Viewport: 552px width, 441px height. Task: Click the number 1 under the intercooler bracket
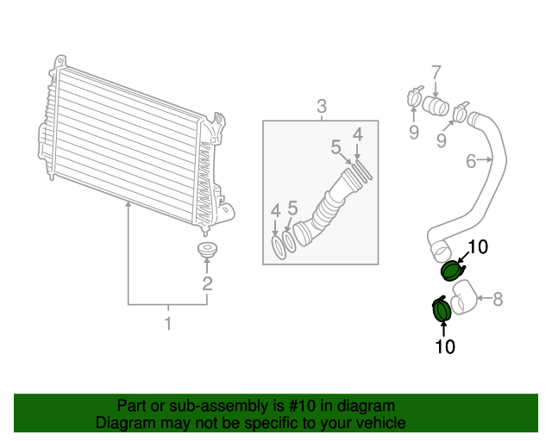tap(168, 324)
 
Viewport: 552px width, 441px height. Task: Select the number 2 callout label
tap(207, 283)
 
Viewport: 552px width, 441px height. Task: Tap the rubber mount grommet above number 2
tap(207, 253)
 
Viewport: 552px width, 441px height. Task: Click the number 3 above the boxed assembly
tap(321, 107)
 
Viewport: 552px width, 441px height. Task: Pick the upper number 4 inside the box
tap(357, 134)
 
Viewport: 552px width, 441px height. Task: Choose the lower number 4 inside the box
tap(275, 210)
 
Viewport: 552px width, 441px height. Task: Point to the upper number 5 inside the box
tap(336, 147)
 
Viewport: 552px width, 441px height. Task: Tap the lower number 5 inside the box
tap(292, 207)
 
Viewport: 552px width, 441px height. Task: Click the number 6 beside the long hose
tap(472, 160)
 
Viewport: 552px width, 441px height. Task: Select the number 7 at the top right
tap(436, 71)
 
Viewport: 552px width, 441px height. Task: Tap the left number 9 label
tap(413, 132)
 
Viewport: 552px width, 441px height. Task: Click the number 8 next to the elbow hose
tap(498, 299)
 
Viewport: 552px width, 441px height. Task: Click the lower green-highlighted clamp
tap(442, 309)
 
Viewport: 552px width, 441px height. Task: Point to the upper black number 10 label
tap(477, 247)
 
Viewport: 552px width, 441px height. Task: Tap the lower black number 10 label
tap(445, 347)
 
